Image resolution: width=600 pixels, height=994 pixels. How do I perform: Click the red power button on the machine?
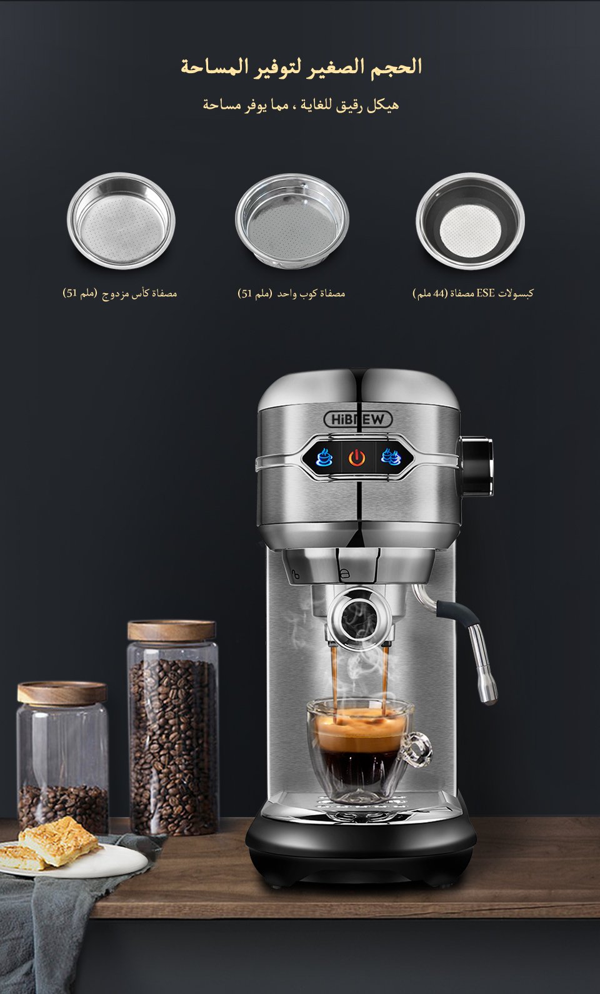pyautogui.click(x=357, y=458)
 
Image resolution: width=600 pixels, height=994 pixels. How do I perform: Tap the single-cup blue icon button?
pyautogui.click(x=324, y=457)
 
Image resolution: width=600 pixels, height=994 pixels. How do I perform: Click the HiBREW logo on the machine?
pyautogui.click(x=358, y=419)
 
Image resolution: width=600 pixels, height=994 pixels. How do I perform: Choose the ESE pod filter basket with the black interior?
pyautogui.click(x=471, y=221)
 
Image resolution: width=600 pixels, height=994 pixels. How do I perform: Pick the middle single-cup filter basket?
pyautogui.click(x=292, y=221)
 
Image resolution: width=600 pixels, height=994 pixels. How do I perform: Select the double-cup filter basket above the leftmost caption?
pyautogui.click(x=121, y=221)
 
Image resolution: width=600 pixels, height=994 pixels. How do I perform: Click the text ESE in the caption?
pyautogui.click(x=485, y=293)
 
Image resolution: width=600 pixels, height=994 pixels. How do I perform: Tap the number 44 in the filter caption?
pyautogui.click(x=439, y=293)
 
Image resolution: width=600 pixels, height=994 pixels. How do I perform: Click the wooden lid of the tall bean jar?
pyautogui.click(x=172, y=630)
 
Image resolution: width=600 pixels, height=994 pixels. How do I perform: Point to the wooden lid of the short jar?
pyautogui.click(x=62, y=693)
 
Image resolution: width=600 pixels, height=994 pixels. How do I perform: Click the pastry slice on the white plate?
pyautogui.click(x=58, y=840)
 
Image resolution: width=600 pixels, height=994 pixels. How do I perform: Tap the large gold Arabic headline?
pyautogui.click(x=301, y=66)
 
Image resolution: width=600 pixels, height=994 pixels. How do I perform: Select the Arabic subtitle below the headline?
pyautogui.click(x=301, y=105)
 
